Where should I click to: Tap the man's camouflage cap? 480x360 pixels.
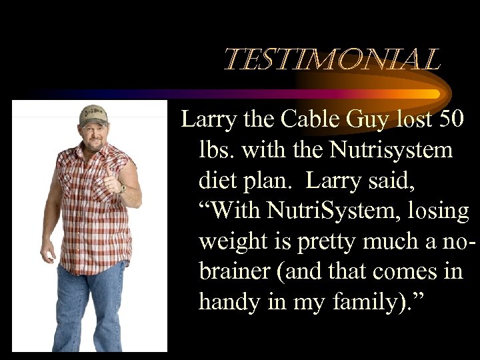click(x=93, y=115)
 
